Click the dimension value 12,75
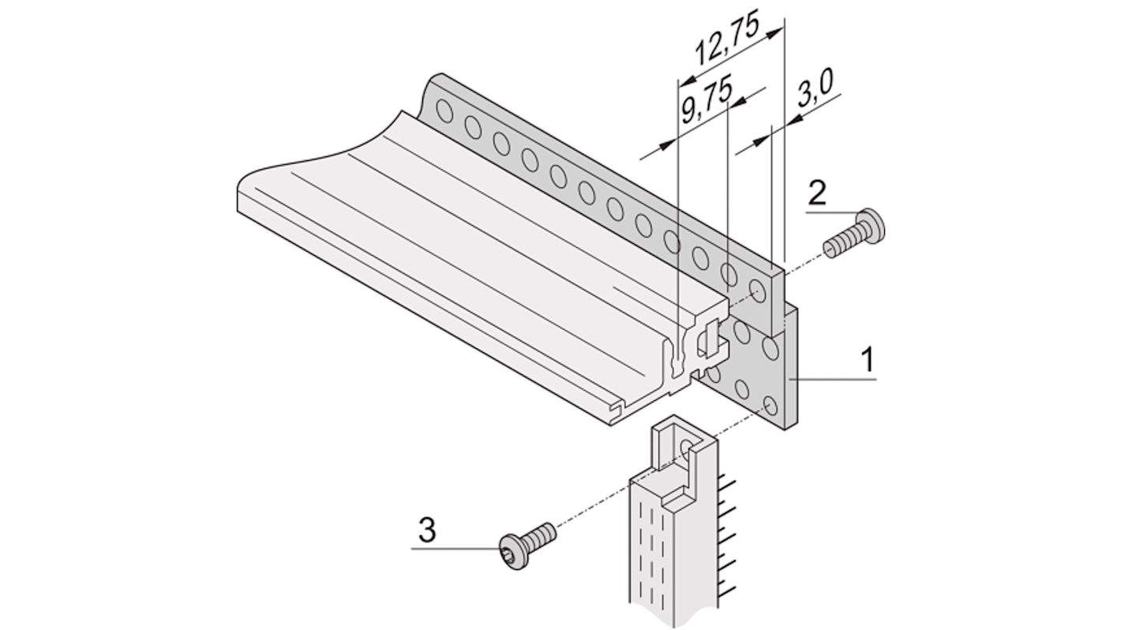(x=726, y=39)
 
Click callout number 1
(x=867, y=360)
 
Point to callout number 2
(x=818, y=193)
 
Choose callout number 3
(x=426, y=530)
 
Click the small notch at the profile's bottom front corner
(x=616, y=408)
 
